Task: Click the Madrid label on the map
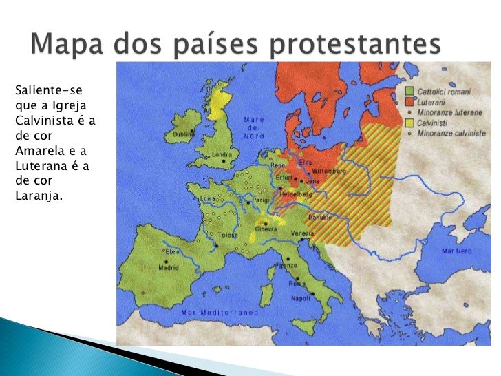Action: pyautogui.click(x=169, y=268)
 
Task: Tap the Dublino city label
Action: pyautogui.click(x=183, y=134)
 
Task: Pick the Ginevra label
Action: pyautogui.click(x=266, y=229)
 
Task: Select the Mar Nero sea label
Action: pyautogui.click(x=456, y=251)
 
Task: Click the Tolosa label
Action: pyautogui.click(x=228, y=235)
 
